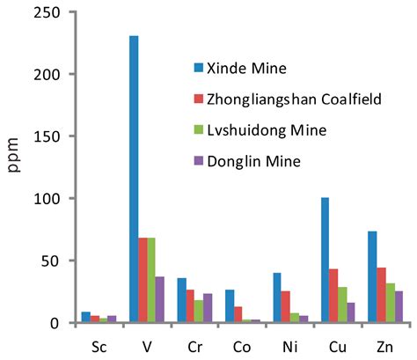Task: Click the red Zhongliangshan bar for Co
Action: [x=238, y=314]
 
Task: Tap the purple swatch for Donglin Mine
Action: [x=200, y=160]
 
